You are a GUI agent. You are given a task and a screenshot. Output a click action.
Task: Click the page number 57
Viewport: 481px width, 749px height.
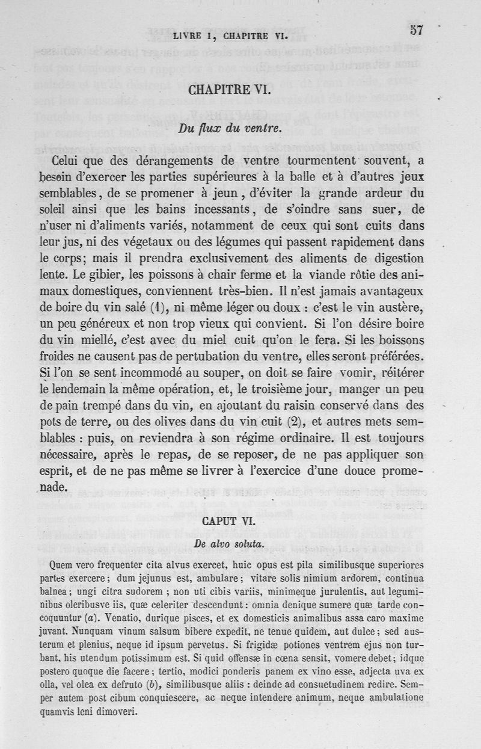pos(418,29)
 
